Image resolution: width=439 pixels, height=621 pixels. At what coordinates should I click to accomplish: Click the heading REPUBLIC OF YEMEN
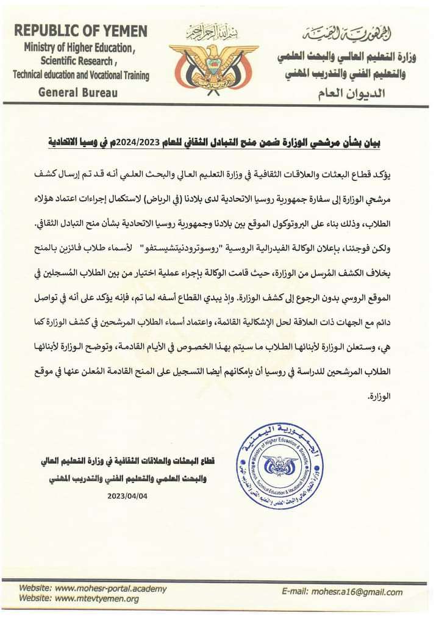point(80,31)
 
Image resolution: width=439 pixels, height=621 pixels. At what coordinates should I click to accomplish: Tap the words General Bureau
point(77,93)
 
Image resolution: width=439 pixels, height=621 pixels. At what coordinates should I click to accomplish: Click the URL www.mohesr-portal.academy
point(110,588)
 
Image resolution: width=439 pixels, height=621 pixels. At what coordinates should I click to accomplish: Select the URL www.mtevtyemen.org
point(96,598)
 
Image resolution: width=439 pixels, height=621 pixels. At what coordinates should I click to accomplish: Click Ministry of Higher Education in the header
point(79,48)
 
